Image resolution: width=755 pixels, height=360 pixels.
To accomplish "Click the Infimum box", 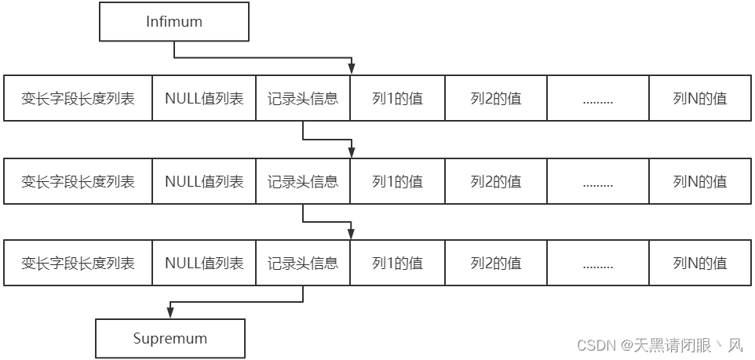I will tap(174, 22).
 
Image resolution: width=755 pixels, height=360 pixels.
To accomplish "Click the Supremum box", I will tap(170, 339).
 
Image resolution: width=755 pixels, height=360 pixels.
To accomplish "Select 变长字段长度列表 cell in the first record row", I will tap(78, 99).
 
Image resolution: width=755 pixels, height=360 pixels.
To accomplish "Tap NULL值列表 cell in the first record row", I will tap(204, 99).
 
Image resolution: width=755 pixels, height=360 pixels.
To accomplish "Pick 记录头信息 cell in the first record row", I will tap(303, 99).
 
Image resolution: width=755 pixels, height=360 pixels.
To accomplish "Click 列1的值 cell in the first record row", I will tap(397, 99).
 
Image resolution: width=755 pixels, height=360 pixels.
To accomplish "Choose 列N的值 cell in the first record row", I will tap(699, 99).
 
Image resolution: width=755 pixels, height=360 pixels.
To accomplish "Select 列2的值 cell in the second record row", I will tap(495, 181).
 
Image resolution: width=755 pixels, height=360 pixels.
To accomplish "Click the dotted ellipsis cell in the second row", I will tap(598, 181).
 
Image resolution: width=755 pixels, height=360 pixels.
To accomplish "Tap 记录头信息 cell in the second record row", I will tap(303, 181).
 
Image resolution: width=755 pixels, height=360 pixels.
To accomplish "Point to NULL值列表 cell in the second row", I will tap(204, 181).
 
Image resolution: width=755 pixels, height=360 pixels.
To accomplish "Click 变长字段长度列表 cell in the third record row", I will tap(78, 264).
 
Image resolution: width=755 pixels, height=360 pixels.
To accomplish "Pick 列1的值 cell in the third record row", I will tap(397, 264).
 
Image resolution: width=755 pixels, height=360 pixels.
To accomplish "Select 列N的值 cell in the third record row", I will tap(699, 264).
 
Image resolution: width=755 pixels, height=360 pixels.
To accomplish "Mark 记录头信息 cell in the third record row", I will tap(303, 264).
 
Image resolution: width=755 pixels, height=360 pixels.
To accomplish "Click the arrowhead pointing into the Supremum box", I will tap(170, 315).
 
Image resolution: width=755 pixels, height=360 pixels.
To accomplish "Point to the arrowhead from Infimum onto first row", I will tap(352, 70).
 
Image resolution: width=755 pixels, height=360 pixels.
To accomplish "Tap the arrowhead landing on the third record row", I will tap(352, 235).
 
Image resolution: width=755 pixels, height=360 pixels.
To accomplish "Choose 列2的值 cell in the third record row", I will tap(495, 264).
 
